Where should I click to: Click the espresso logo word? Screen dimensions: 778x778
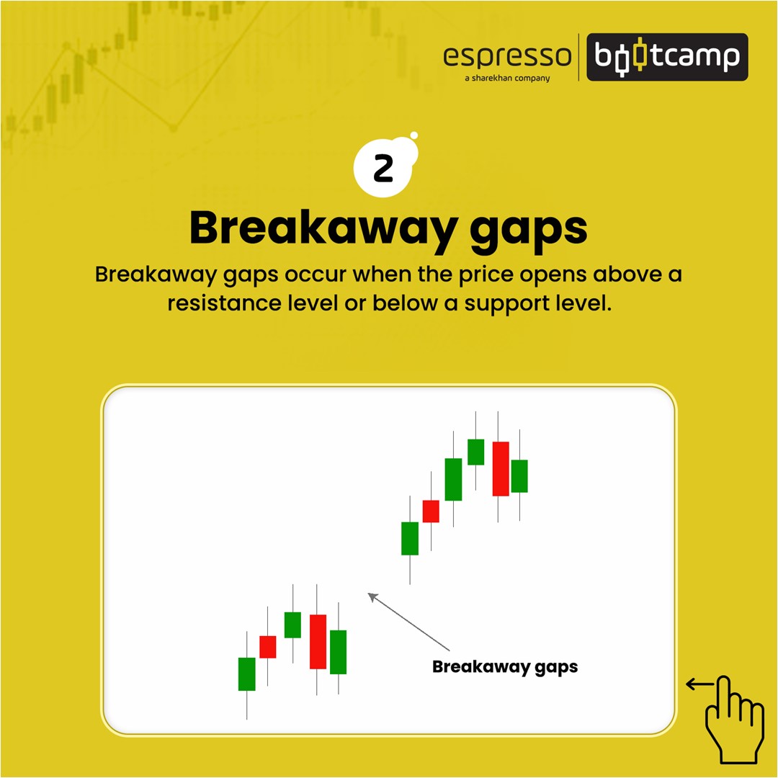point(507,56)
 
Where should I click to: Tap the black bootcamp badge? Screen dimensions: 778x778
point(667,57)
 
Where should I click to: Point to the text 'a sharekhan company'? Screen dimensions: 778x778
point(507,78)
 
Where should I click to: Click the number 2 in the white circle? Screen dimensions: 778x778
point(383,169)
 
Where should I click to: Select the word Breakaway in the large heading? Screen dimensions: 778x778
point(323,228)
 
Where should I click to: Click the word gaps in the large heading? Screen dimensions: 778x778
point(529,232)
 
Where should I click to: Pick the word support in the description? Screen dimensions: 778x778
point(505,304)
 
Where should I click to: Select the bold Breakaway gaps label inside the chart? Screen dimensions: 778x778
point(505,667)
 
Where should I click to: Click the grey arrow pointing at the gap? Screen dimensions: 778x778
point(408,622)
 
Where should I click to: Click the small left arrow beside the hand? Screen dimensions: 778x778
point(699,684)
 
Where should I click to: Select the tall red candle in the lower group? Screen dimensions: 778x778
point(318,642)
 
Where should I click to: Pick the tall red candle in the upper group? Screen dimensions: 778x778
point(501,469)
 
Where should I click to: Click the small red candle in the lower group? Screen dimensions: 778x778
point(268,647)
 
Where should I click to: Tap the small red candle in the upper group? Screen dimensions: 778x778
point(431,511)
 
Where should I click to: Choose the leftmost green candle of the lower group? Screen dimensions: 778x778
point(246,674)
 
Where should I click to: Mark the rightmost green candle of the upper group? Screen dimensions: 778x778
point(519,476)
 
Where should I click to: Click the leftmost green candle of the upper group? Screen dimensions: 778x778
point(410,538)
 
